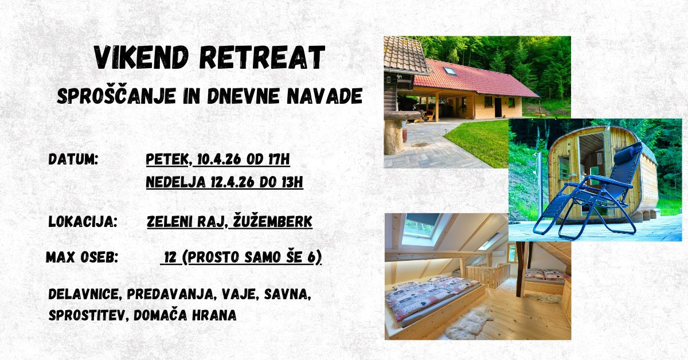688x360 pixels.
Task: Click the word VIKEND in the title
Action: click(x=141, y=57)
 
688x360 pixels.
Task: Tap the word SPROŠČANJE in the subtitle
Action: click(x=116, y=96)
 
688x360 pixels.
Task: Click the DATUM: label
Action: click(x=73, y=160)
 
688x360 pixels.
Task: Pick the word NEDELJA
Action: click(x=175, y=182)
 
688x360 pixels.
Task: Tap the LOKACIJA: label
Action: click(x=83, y=222)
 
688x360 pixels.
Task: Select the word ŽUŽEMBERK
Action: click(x=272, y=222)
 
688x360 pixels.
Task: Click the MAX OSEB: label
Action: click(x=82, y=257)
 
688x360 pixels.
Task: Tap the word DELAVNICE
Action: click(x=84, y=294)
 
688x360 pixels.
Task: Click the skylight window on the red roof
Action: click(x=450, y=71)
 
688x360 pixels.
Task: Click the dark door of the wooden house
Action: click(x=498, y=108)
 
